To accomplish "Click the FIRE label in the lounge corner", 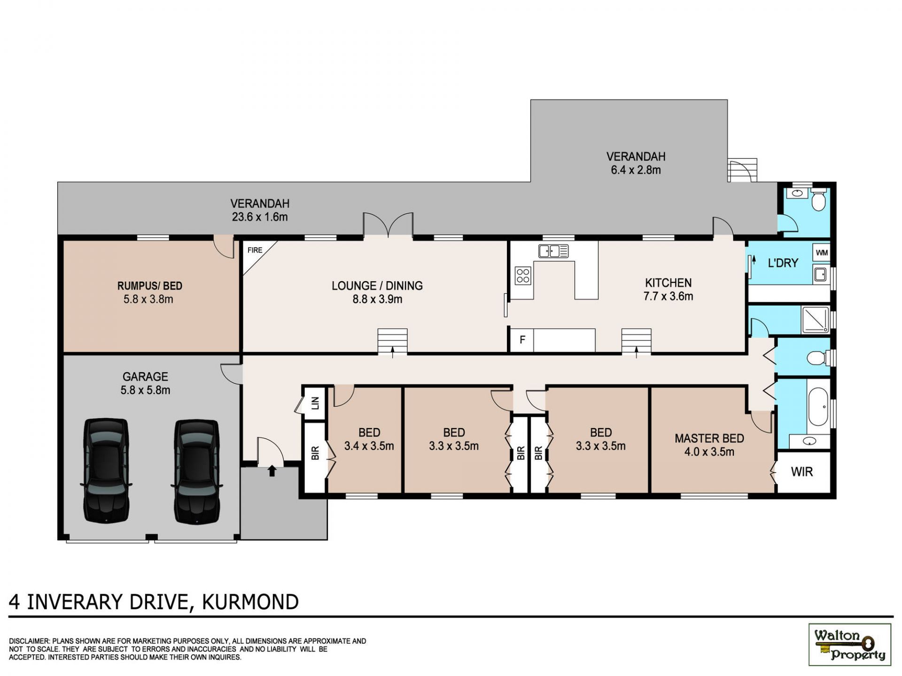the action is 255,250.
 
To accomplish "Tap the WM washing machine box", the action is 822,253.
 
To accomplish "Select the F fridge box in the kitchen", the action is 522,339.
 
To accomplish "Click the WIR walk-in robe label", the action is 801,472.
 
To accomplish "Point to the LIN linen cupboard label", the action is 315,403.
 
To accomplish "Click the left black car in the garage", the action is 106,471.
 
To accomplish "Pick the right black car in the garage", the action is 197,471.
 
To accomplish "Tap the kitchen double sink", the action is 553,251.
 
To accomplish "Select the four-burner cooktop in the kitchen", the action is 523,276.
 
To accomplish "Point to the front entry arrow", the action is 272,470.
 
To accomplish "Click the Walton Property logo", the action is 849,645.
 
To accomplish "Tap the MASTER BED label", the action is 709,438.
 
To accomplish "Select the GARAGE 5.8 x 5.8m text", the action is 145,383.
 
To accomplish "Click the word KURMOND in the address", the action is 250,602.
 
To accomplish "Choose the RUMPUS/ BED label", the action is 149,286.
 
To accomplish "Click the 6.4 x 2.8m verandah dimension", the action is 636,170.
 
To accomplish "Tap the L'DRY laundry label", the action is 783,263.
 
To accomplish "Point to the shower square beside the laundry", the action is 816,320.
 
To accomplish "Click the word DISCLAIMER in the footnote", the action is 29,641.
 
